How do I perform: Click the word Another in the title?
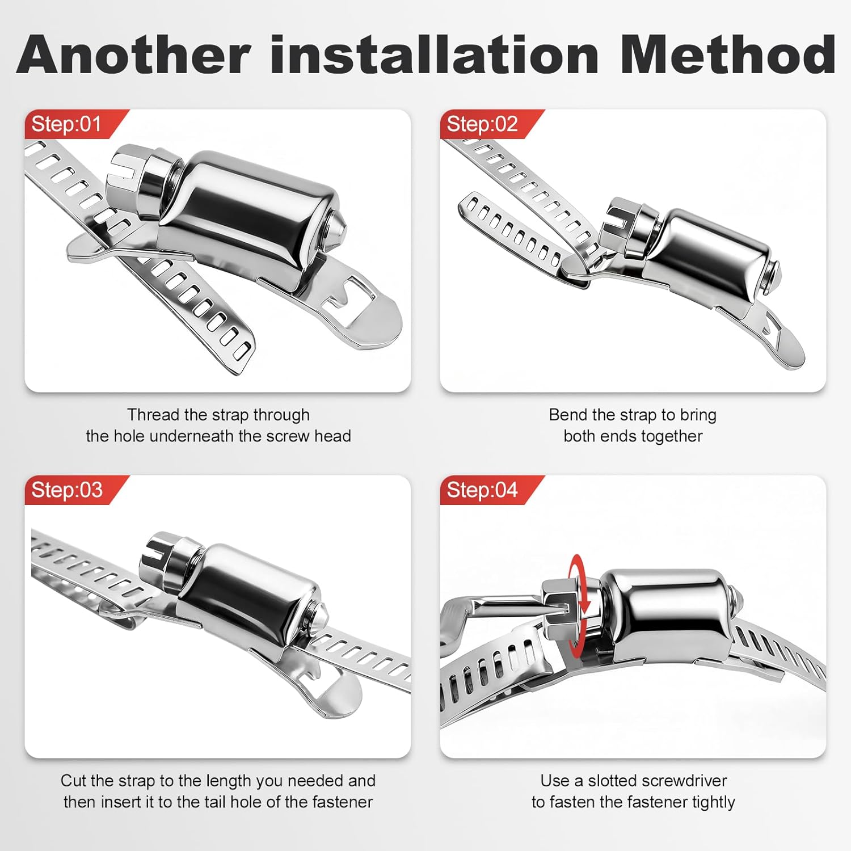click(133, 55)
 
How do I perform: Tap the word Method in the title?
click(727, 55)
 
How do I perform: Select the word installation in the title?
click(434, 55)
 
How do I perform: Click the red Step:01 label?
click(66, 124)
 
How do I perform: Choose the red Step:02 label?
click(482, 124)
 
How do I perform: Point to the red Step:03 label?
click(66, 490)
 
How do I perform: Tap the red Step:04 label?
click(482, 490)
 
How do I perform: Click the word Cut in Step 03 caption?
click(73, 781)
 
